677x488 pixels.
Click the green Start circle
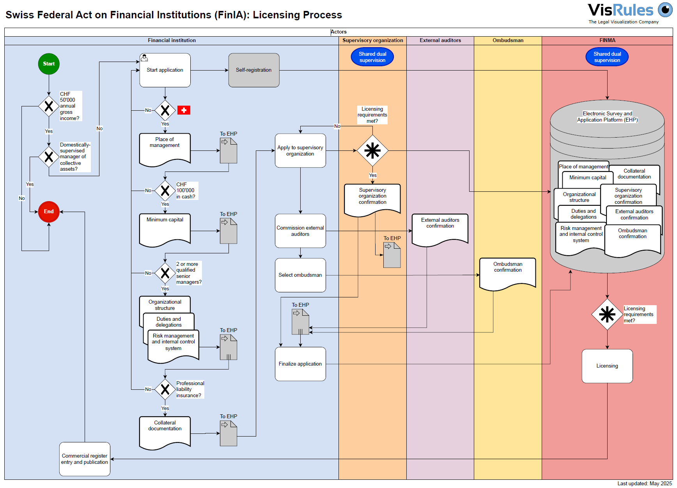(x=49, y=64)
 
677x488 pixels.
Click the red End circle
(x=49, y=212)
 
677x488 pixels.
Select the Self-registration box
(x=254, y=70)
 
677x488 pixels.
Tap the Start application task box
(x=165, y=70)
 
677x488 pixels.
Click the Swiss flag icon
(x=184, y=110)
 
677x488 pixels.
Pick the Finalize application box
(x=300, y=364)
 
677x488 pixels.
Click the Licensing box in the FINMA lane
(x=607, y=366)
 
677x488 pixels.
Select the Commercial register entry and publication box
(x=85, y=459)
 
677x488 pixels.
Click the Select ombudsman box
(x=300, y=275)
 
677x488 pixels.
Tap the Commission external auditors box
(x=300, y=231)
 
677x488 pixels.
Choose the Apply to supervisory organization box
(x=300, y=151)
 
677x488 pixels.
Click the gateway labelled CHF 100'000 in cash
(x=165, y=191)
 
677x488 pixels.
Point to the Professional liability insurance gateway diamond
(x=165, y=389)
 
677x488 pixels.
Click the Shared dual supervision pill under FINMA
(x=607, y=57)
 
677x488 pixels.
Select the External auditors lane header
(x=440, y=41)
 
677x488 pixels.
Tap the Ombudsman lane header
(x=508, y=41)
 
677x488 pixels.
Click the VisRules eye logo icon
(x=665, y=10)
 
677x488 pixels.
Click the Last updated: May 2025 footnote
(x=645, y=484)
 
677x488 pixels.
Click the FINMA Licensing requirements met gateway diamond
(x=607, y=315)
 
